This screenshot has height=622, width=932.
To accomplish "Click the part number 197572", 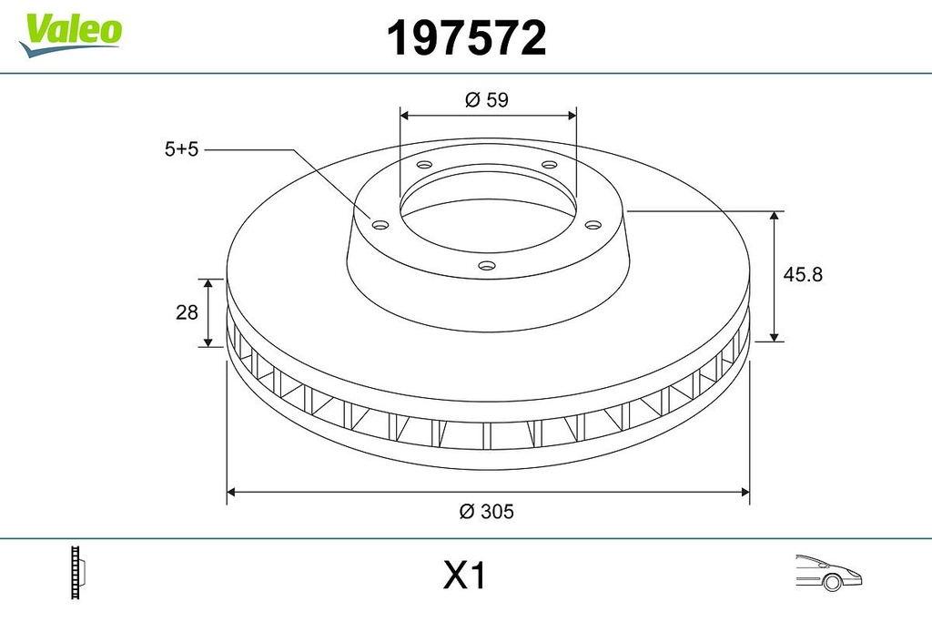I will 466,38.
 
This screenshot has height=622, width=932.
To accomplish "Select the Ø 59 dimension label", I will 486,101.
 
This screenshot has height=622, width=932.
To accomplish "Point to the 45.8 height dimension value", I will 803,274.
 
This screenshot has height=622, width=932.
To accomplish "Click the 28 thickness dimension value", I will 187,312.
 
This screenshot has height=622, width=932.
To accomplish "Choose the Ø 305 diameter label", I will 486,512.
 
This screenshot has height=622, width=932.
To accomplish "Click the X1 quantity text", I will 465,576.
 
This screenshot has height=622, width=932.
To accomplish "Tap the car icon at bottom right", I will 827,571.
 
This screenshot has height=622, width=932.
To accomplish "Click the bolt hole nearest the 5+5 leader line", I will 381,225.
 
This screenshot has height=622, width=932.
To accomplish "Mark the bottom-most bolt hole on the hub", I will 487,266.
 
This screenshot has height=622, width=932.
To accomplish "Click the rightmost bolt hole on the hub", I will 593,225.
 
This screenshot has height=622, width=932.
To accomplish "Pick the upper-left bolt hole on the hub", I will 424,166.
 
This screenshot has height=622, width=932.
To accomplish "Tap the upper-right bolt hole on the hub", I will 549,165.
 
